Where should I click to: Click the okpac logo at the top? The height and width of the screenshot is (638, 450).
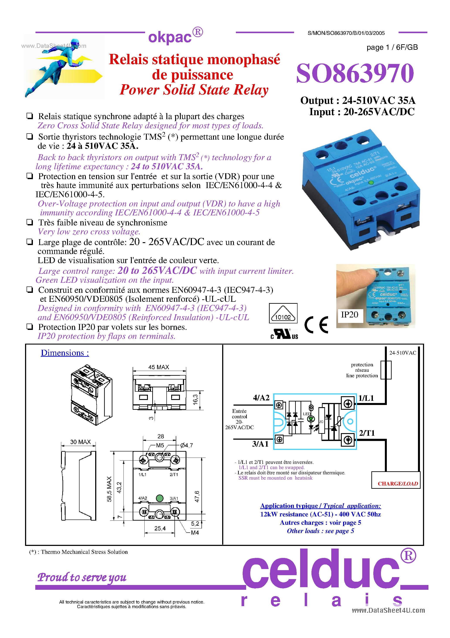pyautogui.click(x=175, y=36)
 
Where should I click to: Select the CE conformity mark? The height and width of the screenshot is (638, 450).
pyautogui.click(x=316, y=324)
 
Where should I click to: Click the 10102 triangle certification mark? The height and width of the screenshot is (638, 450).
pyautogui.click(x=283, y=313)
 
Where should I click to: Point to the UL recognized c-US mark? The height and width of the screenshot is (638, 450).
pyautogui.click(x=284, y=334)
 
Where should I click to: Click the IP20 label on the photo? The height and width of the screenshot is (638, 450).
pyautogui.click(x=349, y=315)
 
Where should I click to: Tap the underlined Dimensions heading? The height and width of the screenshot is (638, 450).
pyautogui.click(x=65, y=353)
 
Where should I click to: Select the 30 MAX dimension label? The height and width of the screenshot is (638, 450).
pyautogui.click(x=80, y=442)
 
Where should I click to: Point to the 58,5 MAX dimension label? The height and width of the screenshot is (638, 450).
pyautogui.click(x=109, y=489)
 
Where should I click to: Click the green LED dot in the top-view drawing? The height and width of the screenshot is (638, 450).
pyautogui.click(x=159, y=498)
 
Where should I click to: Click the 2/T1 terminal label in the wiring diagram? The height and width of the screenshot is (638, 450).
pyautogui.click(x=367, y=433)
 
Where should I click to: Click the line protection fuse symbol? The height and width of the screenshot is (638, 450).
pyautogui.click(x=386, y=370)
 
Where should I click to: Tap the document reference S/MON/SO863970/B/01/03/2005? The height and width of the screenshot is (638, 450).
pyautogui.click(x=346, y=33)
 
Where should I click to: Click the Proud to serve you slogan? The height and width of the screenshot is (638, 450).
pyautogui.click(x=82, y=577)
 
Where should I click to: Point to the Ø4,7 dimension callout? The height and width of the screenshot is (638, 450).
pyautogui.click(x=186, y=445)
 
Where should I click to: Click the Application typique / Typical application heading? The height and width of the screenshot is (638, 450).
pyautogui.click(x=320, y=506)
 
